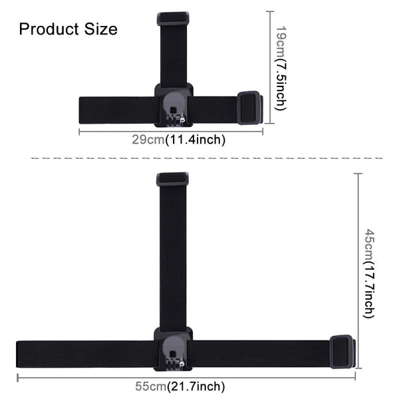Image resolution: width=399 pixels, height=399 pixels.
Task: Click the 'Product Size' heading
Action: (x=68, y=29)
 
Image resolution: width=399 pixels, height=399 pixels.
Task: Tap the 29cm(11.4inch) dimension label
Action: (x=178, y=140)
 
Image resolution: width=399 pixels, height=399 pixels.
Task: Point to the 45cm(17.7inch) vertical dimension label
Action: (x=370, y=273)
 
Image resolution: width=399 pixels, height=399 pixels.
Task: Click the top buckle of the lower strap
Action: (x=173, y=179)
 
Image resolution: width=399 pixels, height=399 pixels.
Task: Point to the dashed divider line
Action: (x=199, y=158)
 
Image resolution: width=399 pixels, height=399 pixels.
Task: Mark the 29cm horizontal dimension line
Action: (x=120, y=131)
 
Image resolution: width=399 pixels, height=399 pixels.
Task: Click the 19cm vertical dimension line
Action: (x=269, y=40)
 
